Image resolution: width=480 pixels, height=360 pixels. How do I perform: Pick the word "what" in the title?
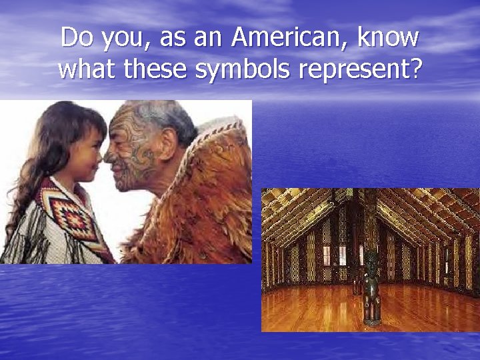point(85,69)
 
